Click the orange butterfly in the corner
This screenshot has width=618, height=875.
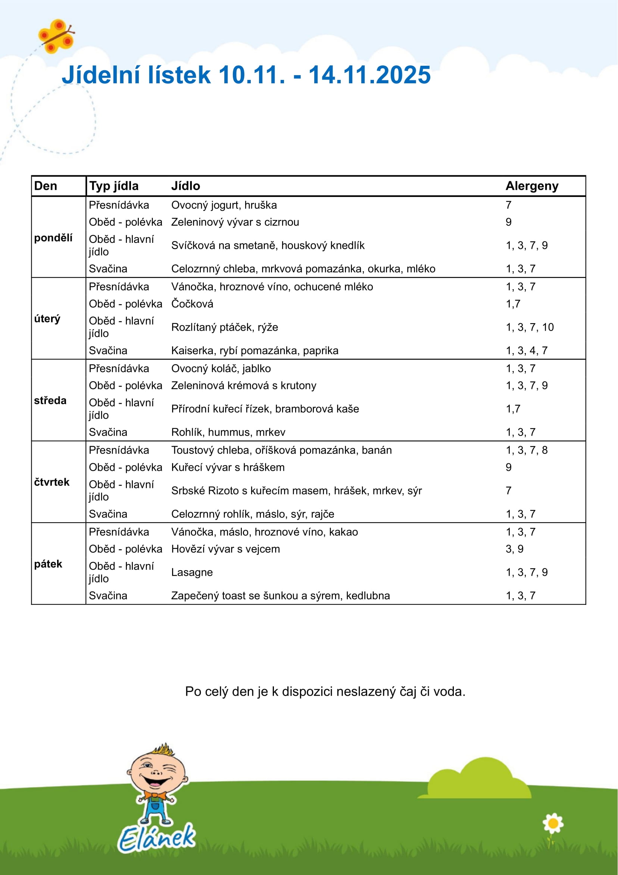click(x=56, y=36)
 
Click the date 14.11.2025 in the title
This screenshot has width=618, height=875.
click(x=369, y=75)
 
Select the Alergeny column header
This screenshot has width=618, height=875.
click(x=531, y=186)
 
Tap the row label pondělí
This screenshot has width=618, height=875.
click(x=53, y=238)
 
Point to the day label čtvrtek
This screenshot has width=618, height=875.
click(x=52, y=482)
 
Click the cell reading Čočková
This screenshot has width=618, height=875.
click(x=192, y=304)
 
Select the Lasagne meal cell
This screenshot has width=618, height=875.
click(x=192, y=572)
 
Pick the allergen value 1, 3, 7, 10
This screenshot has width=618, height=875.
click(x=529, y=327)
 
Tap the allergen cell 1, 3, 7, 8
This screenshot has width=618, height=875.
click(x=526, y=450)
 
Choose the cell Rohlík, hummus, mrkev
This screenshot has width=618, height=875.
click(x=228, y=432)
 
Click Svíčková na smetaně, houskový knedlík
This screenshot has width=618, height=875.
click(x=268, y=245)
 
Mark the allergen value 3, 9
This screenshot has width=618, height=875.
click(x=514, y=549)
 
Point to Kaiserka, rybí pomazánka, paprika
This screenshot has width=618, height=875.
click(x=255, y=350)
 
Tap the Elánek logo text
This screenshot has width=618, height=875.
click(x=156, y=838)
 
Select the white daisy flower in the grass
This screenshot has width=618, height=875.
click(x=553, y=823)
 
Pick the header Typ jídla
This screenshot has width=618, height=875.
click(x=114, y=186)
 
